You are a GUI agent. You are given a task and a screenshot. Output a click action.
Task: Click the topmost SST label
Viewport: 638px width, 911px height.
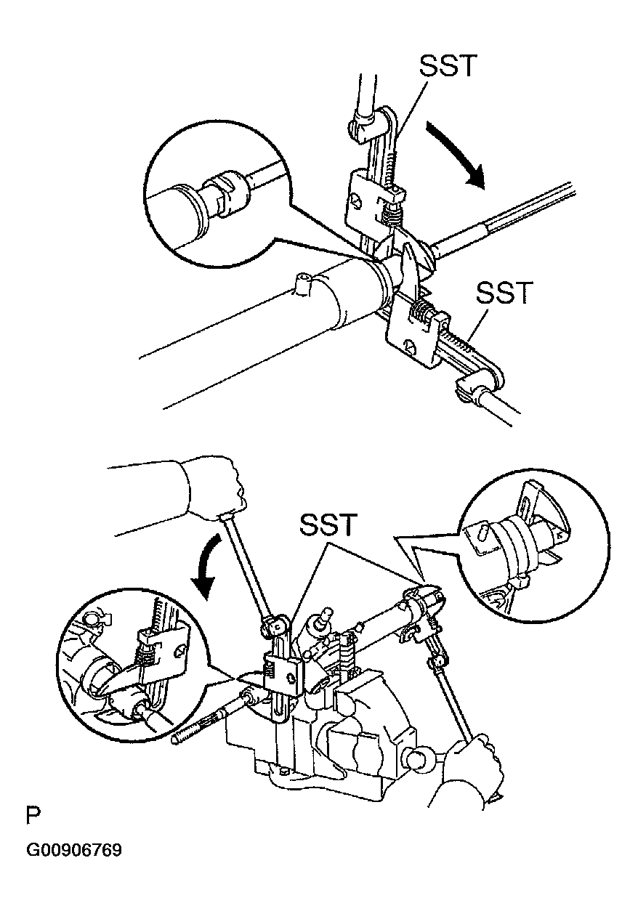coord(447,65)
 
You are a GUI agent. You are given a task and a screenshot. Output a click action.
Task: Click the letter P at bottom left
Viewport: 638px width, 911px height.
coord(33,817)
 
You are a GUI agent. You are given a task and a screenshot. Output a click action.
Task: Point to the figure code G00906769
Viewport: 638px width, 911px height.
coord(74,855)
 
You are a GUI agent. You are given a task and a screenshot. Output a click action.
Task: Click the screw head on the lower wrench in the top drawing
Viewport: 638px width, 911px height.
coord(409,346)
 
